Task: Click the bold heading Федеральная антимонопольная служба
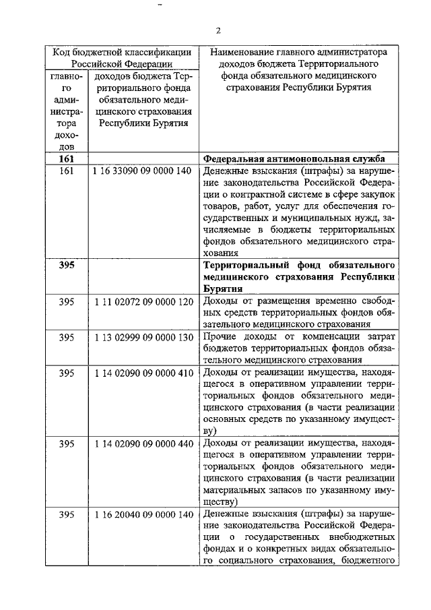coord(294,158)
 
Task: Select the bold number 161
coord(66,158)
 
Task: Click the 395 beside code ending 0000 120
coord(66,301)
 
